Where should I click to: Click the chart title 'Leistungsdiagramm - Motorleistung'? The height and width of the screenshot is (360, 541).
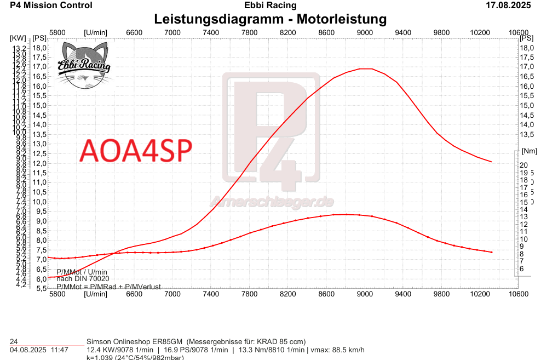[x=270, y=19]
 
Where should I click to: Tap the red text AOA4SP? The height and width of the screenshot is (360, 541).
[x=136, y=150]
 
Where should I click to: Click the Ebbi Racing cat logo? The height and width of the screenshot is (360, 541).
[x=84, y=66]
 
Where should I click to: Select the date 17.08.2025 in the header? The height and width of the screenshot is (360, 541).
[x=509, y=5]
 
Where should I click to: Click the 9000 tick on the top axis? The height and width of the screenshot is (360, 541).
[x=365, y=33]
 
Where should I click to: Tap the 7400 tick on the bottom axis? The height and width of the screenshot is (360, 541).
[x=211, y=294]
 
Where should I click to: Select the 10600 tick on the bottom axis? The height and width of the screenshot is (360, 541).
[x=518, y=294]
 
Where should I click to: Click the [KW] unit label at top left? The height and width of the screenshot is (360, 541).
[x=18, y=38]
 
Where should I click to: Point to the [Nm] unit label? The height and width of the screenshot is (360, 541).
[x=530, y=151]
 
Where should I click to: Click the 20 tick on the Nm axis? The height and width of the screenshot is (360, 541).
[x=523, y=165]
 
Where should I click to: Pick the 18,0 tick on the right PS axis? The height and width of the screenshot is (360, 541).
[x=526, y=48]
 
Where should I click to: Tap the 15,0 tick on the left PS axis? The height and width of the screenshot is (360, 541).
[x=39, y=105]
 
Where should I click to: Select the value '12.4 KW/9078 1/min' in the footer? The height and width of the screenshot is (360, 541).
[x=120, y=350]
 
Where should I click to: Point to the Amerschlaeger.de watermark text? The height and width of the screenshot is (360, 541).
[x=272, y=202]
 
